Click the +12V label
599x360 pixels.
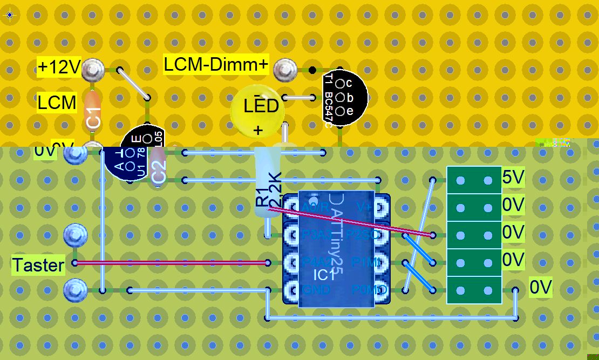(59, 67)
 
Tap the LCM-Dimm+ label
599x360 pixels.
(216, 65)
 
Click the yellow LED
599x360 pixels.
(257, 111)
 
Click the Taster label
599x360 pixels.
(38, 265)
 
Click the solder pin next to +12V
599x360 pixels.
(94, 69)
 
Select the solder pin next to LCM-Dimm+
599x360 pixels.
(284, 69)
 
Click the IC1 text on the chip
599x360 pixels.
(324, 275)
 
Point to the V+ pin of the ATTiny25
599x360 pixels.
(380, 207)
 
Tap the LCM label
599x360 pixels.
(57, 102)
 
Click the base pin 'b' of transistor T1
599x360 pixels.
(341, 98)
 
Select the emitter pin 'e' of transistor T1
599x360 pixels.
(341, 111)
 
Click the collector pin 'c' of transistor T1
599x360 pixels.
(341, 84)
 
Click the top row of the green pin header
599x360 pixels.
(474, 180)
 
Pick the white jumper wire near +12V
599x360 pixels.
(133, 84)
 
